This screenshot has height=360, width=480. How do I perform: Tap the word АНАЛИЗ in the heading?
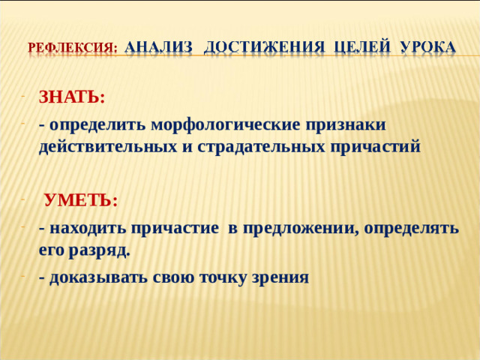coord(159,46)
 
